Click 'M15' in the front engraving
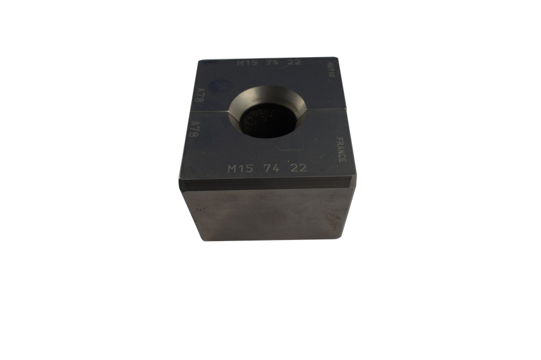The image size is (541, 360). [238, 169]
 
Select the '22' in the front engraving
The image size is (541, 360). [297, 168]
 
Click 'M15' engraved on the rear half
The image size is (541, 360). [247, 63]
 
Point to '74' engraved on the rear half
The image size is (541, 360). [273, 63]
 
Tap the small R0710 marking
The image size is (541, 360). [331, 69]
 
